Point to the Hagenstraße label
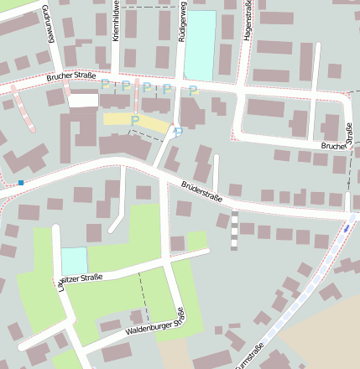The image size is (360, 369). (x=248, y=20)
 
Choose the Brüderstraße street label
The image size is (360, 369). (x=201, y=192)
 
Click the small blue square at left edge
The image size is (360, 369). (x=20, y=183)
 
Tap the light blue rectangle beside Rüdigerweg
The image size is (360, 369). (x=200, y=45)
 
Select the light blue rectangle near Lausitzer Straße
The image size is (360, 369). (x=74, y=260)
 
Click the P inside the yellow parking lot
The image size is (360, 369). (x=134, y=120)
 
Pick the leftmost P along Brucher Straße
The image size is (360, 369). (x=104, y=84)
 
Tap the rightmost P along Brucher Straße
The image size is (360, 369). (x=192, y=90)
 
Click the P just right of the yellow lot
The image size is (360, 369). (x=178, y=130)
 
